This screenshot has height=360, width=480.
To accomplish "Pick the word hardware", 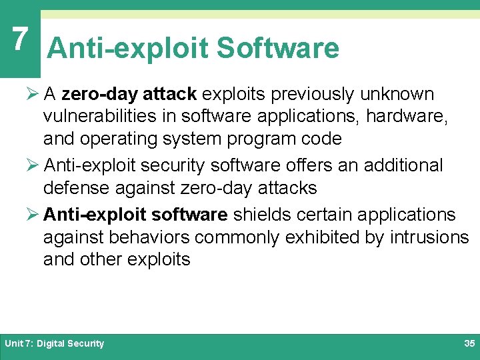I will coord(412,117).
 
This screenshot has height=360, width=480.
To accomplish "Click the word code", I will coord(321,139).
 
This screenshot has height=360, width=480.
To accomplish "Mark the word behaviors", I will coord(157,237).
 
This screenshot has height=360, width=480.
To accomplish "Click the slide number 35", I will coord(469,344).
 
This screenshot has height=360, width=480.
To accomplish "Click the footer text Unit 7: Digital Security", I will coord(55,344).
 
